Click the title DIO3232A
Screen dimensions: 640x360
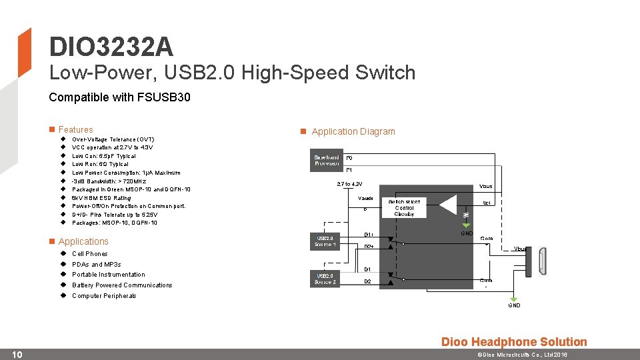click(111, 47)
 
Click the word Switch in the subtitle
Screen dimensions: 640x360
click(385, 72)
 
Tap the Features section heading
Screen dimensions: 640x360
click(75, 129)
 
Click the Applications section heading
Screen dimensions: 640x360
click(83, 241)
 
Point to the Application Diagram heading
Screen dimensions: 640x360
click(353, 131)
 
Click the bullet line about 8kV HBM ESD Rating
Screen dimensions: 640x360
click(101, 198)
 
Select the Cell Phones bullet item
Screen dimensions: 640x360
click(89, 254)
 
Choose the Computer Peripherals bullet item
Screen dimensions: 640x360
click(104, 296)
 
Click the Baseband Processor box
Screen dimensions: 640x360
click(327, 160)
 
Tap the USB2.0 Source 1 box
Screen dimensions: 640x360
click(326, 241)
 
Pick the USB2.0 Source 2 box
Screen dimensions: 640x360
click(326, 278)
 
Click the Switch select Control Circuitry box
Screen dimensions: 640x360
click(404, 208)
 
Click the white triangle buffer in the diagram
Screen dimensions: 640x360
click(449, 205)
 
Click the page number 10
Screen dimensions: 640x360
click(18, 354)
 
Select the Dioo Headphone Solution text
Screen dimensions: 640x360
click(514, 342)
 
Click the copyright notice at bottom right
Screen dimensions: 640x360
click(521, 355)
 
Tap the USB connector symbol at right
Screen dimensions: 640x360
click(543, 261)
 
